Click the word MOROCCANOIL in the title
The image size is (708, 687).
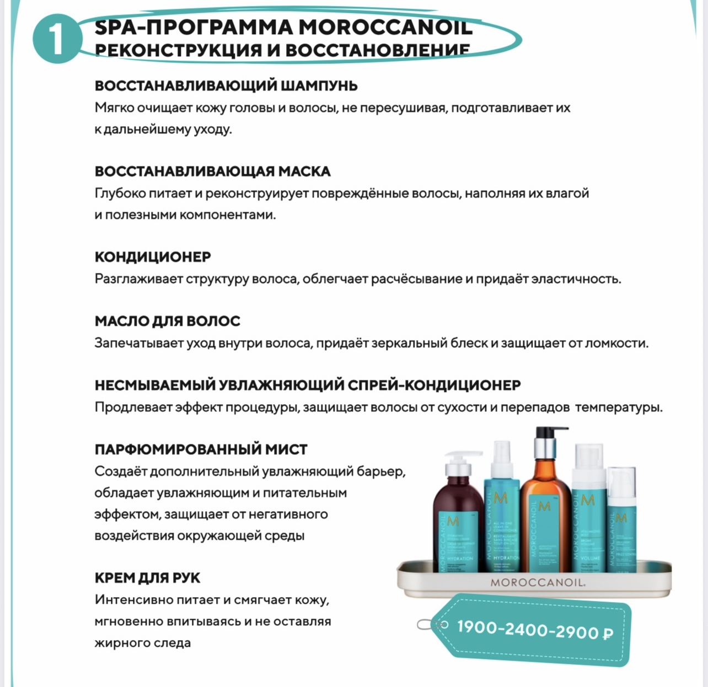(385, 27)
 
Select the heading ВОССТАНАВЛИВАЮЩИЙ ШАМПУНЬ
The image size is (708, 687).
(226, 86)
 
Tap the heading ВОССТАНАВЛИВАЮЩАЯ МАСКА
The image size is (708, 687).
(212, 171)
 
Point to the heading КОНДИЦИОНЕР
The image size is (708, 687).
(153, 257)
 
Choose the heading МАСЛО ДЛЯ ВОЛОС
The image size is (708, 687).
(168, 321)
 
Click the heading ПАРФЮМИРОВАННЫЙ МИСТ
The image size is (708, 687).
(201, 449)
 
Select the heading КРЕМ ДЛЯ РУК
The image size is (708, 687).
(147, 578)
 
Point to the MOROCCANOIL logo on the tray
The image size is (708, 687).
(538, 582)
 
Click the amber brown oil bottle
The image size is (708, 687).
(544, 518)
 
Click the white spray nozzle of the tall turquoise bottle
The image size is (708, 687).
(501, 455)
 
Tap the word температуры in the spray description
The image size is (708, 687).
(619, 407)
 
